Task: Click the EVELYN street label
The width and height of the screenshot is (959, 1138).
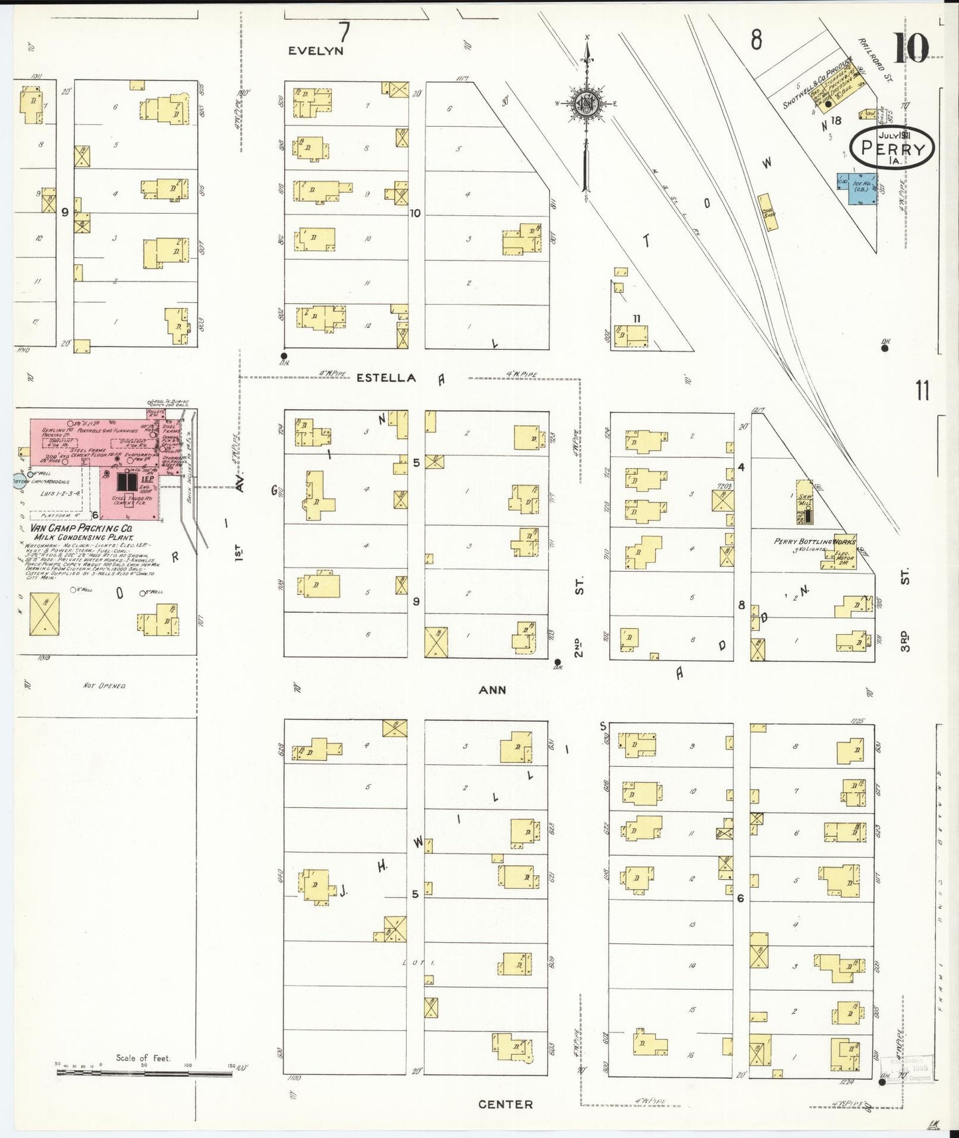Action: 316,50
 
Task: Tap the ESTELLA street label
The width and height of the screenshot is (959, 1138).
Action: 386,378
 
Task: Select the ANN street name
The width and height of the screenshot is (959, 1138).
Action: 492,690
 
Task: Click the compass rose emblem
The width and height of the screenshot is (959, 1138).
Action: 587,103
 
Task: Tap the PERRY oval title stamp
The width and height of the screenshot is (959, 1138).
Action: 892,148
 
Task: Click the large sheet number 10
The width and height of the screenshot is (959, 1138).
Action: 911,48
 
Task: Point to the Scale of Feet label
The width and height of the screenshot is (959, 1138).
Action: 143,1058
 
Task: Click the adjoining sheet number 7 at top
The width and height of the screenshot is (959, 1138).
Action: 344,31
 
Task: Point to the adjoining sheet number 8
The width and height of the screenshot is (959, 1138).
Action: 756,40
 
